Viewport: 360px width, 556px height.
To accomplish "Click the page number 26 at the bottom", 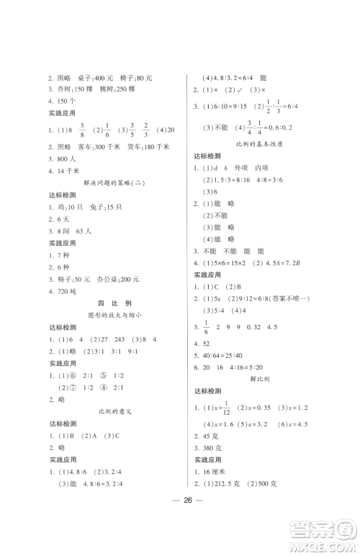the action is click(x=179, y=522).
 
